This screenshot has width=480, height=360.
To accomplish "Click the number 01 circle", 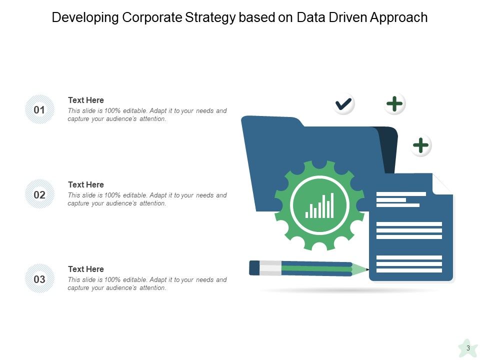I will click(x=39, y=109).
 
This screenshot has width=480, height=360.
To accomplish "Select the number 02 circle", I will click(x=39, y=194).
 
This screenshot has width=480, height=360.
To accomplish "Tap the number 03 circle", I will click(x=39, y=279).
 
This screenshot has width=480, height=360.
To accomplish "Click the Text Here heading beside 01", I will click(x=86, y=100).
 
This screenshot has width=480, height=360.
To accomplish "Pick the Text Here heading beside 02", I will click(x=86, y=185).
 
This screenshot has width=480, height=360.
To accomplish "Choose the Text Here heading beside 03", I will click(x=86, y=269).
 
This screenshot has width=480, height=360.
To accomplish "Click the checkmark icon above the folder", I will click(x=343, y=104).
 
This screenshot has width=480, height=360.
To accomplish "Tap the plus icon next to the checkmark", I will click(x=395, y=104).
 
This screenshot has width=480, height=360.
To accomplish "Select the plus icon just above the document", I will click(x=421, y=145).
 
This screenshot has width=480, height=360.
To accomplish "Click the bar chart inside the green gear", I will click(x=320, y=205).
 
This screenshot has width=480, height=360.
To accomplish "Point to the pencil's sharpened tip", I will click(x=366, y=269).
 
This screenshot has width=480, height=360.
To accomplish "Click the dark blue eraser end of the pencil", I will click(x=254, y=267).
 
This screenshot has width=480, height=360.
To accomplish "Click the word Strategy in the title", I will click(x=211, y=18).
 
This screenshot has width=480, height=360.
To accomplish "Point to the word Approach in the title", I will click(x=399, y=18).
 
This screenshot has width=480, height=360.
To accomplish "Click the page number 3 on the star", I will click(x=468, y=348).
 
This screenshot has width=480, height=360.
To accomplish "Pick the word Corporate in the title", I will click(x=152, y=18).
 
